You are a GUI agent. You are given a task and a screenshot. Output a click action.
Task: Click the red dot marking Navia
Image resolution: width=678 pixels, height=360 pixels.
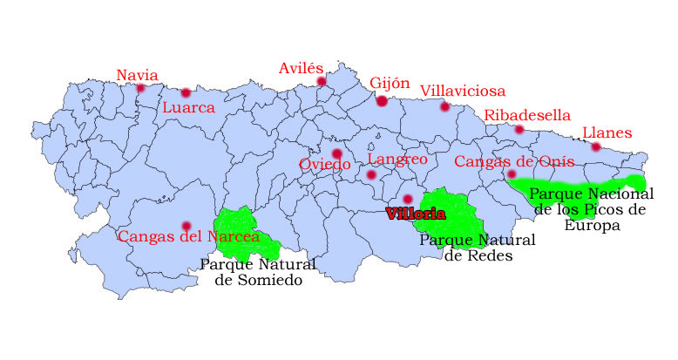(x=139, y=86)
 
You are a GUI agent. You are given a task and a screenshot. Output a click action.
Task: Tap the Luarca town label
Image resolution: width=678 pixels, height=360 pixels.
(x=188, y=108)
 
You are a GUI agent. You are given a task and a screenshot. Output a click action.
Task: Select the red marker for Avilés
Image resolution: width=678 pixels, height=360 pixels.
(x=322, y=82)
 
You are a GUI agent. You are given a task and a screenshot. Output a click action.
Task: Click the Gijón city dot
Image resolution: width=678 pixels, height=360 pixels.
(x=382, y=101)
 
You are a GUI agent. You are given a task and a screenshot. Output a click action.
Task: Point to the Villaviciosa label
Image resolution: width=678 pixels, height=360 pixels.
(x=462, y=91)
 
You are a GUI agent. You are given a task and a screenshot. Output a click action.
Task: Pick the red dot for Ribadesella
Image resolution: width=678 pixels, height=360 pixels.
(x=519, y=130)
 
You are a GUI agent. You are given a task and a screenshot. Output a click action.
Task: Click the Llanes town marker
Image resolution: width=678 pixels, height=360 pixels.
(x=596, y=146)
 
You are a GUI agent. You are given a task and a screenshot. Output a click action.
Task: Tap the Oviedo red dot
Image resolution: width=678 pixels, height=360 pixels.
(x=336, y=153)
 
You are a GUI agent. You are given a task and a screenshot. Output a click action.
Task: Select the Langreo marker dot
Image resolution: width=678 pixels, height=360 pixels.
(x=371, y=174)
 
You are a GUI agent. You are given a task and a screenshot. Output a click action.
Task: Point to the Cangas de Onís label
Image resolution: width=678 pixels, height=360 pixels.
(x=514, y=161)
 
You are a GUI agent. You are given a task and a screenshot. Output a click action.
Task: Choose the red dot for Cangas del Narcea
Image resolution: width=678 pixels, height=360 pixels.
(x=186, y=225)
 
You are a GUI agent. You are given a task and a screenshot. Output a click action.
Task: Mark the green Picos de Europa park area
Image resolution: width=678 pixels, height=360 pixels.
(x=575, y=185)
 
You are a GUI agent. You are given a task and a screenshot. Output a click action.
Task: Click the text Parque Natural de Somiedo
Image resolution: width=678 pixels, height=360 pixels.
(x=258, y=272)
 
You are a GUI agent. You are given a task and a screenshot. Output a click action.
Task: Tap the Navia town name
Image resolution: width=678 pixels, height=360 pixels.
(x=138, y=75)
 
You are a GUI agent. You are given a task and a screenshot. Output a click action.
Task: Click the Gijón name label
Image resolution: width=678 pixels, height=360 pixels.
(x=390, y=83)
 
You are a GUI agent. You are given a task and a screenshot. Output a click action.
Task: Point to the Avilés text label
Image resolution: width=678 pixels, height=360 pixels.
(x=302, y=68)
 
